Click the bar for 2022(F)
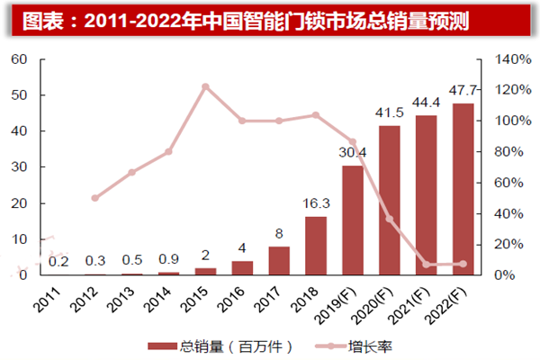coord(463,189)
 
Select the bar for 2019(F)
coord(352,220)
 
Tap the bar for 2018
coord(315,246)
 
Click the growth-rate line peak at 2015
coord(205,86)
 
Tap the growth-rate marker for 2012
coord(94,198)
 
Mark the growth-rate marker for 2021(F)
coord(426,265)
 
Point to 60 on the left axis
coord(20,59)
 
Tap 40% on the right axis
coord(502,213)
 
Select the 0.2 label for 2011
coord(58,262)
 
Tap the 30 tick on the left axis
coord(20,167)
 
